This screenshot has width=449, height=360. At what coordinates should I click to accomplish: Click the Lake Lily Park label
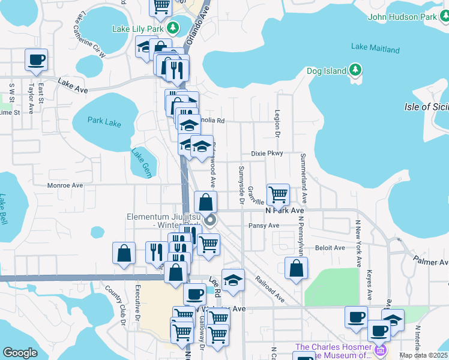click(x=138, y=28)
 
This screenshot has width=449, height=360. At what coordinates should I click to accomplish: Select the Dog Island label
click(x=327, y=71)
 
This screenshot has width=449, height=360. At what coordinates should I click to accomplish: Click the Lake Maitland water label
click(x=375, y=47)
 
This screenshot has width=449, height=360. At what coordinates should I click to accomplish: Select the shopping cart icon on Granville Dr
click(x=278, y=194)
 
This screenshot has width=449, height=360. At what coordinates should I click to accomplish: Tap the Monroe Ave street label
click(x=65, y=186)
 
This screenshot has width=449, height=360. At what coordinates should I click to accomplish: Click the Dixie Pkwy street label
click(x=267, y=154)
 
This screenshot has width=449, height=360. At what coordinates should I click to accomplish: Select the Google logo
click(x=20, y=353)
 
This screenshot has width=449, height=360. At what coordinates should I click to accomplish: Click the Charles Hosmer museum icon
click(x=379, y=349)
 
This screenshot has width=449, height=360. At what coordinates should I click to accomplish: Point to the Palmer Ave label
click(x=431, y=262)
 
